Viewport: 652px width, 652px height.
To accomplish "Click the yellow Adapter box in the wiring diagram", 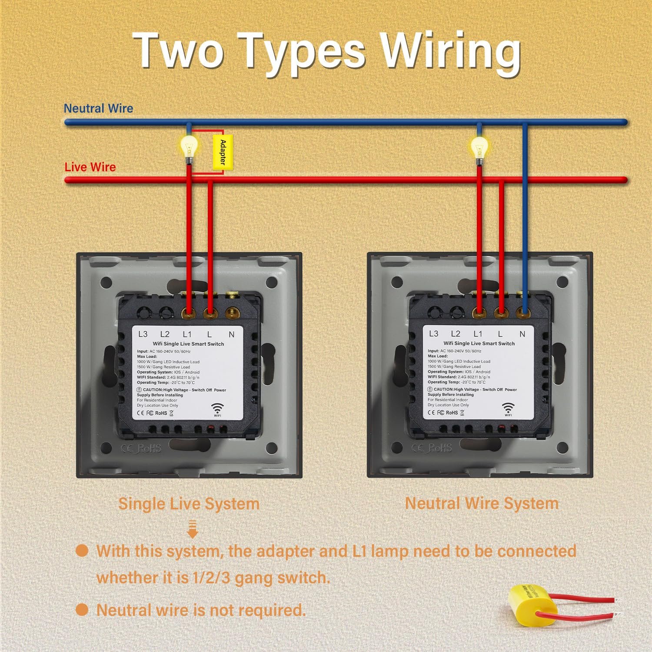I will click(223, 152).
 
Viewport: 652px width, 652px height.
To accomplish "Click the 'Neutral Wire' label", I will click(98, 108).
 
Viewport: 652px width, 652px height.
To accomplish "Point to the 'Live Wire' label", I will click(90, 167).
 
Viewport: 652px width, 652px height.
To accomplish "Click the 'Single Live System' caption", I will click(189, 504).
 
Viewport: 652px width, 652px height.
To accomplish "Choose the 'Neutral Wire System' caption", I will click(482, 503).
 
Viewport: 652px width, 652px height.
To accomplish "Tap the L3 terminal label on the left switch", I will click(143, 334).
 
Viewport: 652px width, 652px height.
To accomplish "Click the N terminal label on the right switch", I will click(522, 334).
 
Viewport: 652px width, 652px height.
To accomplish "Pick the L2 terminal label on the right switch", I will click(456, 334).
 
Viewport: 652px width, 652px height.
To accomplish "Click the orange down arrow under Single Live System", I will click(193, 529).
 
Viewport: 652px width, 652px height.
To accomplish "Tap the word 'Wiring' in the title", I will click(450, 52).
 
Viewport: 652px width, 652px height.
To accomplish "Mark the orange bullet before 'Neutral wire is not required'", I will click(82, 609).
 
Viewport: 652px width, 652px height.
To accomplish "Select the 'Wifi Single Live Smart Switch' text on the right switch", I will click(479, 343).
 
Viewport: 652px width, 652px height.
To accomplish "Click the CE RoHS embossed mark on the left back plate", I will click(141, 448).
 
